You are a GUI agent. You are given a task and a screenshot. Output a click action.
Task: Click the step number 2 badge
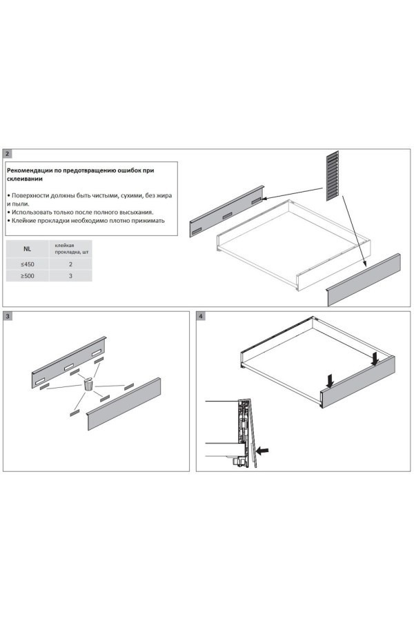click(x=7, y=154)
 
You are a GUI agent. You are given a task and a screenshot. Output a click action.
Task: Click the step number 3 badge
click(x=7, y=316)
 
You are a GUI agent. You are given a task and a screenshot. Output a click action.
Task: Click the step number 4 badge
click(x=201, y=316)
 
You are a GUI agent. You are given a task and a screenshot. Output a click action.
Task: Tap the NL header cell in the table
click(x=27, y=249)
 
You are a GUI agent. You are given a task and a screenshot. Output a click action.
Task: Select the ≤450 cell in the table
click(x=28, y=264)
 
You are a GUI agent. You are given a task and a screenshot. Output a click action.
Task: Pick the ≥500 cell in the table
click(x=28, y=275)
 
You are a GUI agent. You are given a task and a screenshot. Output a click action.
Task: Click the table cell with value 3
click(x=70, y=275)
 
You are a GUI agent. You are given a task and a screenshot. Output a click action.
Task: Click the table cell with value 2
click(x=70, y=264)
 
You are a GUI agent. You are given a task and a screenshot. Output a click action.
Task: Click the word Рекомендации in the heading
click(x=26, y=170)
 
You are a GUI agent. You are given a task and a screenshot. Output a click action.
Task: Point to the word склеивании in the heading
click(x=25, y=179)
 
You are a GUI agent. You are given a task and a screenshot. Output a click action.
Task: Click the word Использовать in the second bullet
click(x=32, y=213)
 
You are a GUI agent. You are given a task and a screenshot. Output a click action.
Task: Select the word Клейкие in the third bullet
click(x=23, y=221)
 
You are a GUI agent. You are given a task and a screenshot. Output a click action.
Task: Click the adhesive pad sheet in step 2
click(x=333, y=175)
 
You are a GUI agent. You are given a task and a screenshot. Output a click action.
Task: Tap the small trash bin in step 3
click(x=88, y=384)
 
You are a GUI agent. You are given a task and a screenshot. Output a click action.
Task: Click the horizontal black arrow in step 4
click(x=262, y=451)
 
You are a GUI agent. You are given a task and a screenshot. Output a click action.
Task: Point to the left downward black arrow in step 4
click(x=330, y=381)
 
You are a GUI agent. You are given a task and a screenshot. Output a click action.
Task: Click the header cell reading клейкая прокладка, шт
click(x=70, y=249)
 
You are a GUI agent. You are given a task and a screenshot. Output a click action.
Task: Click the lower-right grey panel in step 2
click(x=364, y=280)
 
